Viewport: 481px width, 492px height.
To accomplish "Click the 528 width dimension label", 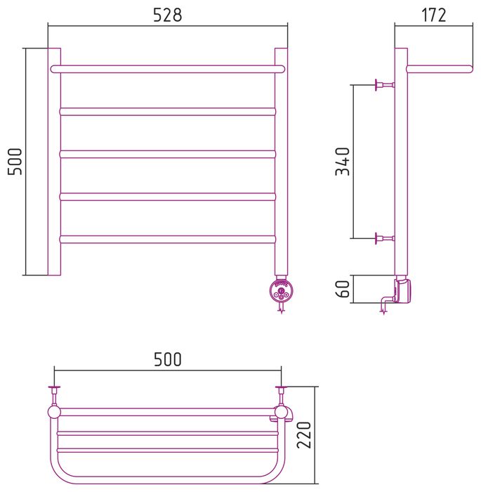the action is [167, 15].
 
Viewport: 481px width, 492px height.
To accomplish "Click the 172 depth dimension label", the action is [433, 15].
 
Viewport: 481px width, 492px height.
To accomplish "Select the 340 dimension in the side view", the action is [342, 161].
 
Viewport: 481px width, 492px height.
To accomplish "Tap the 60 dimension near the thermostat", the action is [342, 289].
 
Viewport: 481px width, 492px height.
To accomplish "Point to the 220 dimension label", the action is [304, 435].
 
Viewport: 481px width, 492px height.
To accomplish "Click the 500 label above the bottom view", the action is [167, 360].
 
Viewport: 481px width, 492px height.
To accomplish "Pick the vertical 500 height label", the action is [15, 161].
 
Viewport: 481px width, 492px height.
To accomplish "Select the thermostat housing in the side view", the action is [403, 291].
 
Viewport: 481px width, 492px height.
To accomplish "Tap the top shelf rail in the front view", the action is [168, 69].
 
